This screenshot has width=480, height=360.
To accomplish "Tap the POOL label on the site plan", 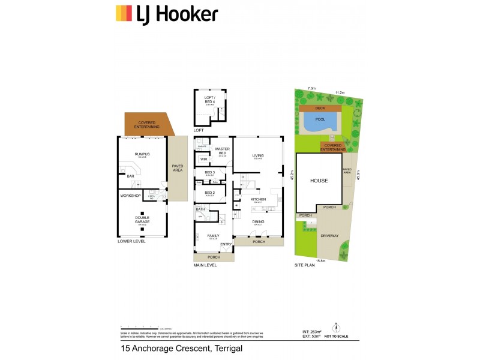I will point(320,119).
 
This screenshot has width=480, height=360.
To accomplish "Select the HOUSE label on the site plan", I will point(319,181).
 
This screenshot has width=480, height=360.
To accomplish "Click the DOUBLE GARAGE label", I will point(142,220).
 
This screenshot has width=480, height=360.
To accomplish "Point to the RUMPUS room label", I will point(142,154).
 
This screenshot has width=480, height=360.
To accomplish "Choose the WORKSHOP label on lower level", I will point(130,196).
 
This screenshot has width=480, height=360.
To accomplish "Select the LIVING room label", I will point(258,155).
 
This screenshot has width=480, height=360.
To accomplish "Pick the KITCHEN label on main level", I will point(259,199).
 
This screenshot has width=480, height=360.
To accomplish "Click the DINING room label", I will point(258,221).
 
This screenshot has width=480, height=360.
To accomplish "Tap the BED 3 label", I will point(209,173).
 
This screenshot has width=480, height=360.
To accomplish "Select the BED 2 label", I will point(209,193).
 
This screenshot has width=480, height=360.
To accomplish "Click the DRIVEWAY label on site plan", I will point(330,236).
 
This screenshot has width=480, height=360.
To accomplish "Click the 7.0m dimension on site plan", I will point(311,89).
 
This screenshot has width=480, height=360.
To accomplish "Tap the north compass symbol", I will point(337,328).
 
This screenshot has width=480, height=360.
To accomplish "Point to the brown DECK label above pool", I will point(320,108).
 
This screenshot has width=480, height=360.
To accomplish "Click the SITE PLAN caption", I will point(304,265).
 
